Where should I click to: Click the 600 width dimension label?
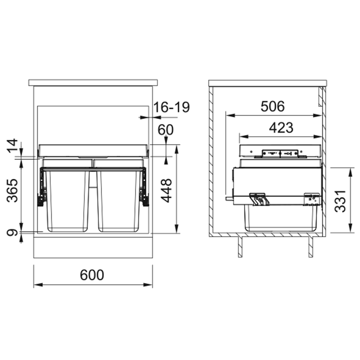92,275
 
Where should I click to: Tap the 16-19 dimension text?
171,107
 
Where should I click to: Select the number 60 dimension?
165,130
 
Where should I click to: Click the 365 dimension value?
12,190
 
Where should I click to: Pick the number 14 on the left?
12,145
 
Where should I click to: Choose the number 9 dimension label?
12,233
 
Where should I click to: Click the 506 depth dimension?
273,106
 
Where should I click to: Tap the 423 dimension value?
281,128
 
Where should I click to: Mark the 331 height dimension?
340,201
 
